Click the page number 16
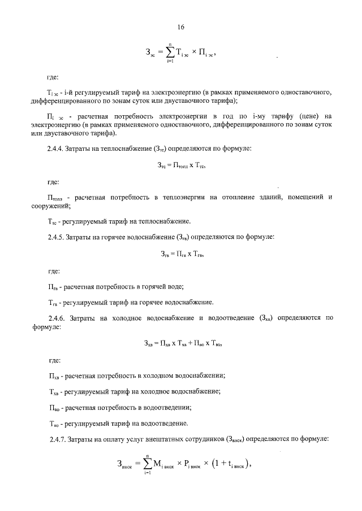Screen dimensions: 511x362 181,27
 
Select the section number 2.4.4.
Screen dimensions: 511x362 58,149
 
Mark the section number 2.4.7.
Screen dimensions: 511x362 58,438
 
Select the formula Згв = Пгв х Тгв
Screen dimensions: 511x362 181,255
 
